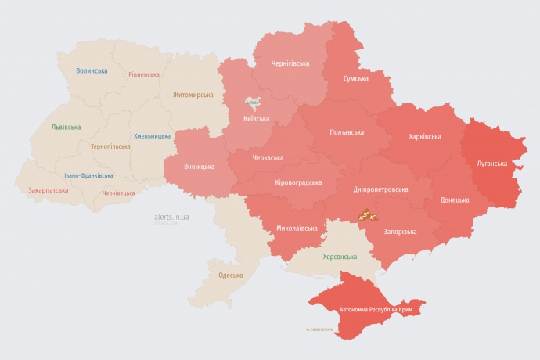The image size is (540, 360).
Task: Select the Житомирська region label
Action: [x=193, y=95]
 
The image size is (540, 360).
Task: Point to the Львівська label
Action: [x=65, y=126]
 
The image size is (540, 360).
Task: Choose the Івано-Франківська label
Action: [x=88, y=176]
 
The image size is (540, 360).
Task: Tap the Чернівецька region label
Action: [x=118, y=193]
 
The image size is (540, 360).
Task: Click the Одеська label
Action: [x=230, y=275]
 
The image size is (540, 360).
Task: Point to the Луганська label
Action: [x=491, y=164]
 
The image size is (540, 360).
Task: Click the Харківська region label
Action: [x=425, y=137]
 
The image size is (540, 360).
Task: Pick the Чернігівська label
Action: [x=290, y=63]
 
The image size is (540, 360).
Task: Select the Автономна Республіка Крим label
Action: [x=375, y=310]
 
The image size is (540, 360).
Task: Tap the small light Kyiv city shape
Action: [x=253, y=103]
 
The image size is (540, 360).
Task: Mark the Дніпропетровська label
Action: [x=380, y=189]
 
